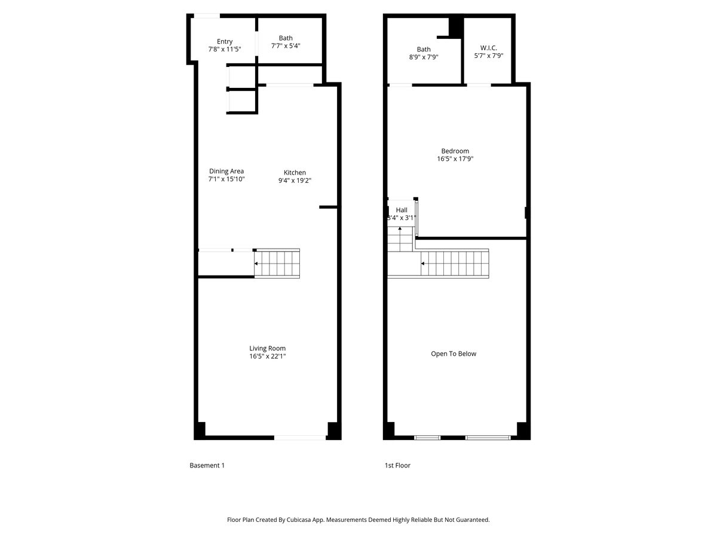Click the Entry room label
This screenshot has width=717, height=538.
pyautogui.click(x=225, y=41)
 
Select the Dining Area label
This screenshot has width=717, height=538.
pyautogui.click(x=226, y=171)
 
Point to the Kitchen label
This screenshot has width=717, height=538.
pyautogui.click(x=295, y=172)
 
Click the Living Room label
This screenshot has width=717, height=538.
pyautogui.click(x=267, y=349)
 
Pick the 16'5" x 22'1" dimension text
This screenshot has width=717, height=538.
pyautogui.click(x=267, y=356)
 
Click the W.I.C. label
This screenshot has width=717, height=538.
pyautogui.click(x=489, y=48)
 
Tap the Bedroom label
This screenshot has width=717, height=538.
pyautogui.click(x=455, y=151)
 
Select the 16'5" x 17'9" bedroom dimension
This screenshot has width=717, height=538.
pyautogui.click(x=455, y=159)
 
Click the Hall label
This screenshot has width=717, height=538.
pyautogui.click(x=402, y=210)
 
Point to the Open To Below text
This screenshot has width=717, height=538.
pyautogui.click(x=454, y=354)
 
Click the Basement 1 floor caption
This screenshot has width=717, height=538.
pyautogui.click(x=207, y=466)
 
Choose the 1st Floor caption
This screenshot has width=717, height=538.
pyautogui.click(x=397, y=466)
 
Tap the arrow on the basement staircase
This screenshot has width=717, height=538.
pyautogui.click(x=256, y=263)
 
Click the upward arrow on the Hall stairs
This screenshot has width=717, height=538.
pyautogui.click(x=400, y=229)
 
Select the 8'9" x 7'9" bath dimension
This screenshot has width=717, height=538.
pyautogui.click(x=424, y=57)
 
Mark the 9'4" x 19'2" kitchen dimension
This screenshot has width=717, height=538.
pyautogui.click(x=295, y=180)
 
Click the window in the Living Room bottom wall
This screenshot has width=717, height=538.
pyautogui.click(x=300, y=438)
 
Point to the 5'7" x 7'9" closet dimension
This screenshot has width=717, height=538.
pyautogui.click(x=489, y=56)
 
